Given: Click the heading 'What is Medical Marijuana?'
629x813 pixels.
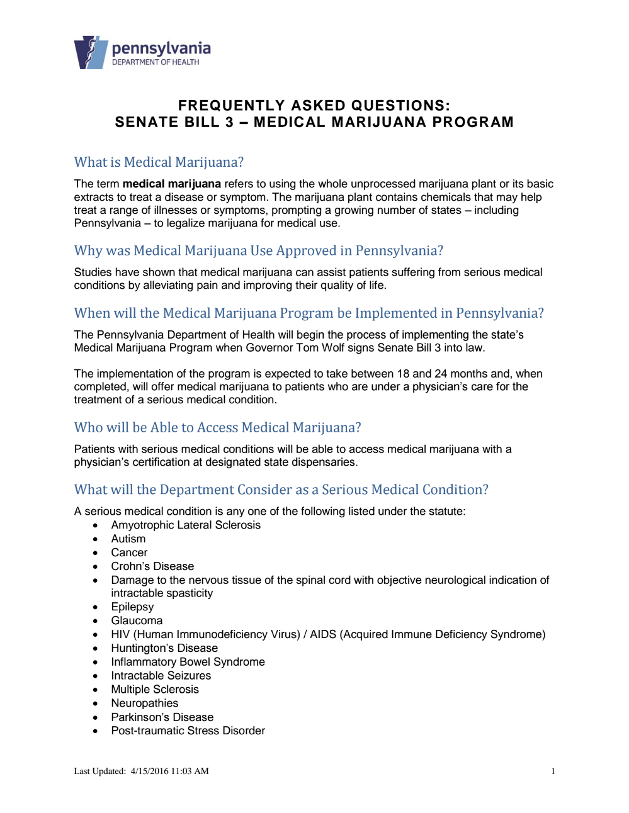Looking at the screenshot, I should click(159, 162).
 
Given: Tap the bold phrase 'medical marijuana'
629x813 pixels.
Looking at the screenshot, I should click(171, 184).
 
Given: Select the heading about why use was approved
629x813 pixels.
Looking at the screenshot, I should click(258, 250).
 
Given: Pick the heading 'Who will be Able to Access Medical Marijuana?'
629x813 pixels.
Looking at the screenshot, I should click(217, 428).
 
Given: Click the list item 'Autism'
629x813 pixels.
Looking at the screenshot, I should click(128, 539).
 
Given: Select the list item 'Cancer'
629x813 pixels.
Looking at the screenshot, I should click(129, 552).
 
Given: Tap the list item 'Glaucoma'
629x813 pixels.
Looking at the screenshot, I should click(137, 620).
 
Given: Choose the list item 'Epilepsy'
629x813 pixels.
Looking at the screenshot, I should click(132, 607).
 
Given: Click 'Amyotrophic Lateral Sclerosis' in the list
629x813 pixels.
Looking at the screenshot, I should click(186, 525).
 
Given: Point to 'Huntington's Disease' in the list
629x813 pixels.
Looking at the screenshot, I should click(164, 648).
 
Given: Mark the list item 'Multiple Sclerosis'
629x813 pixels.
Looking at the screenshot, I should click(155, 690).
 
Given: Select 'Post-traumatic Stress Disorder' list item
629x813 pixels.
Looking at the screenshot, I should click(188, 731).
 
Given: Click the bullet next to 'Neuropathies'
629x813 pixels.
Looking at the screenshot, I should click(96, 704).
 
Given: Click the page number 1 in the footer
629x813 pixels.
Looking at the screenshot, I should click(553, 771).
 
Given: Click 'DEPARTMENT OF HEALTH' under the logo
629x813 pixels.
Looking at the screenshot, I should click(156, 62).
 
